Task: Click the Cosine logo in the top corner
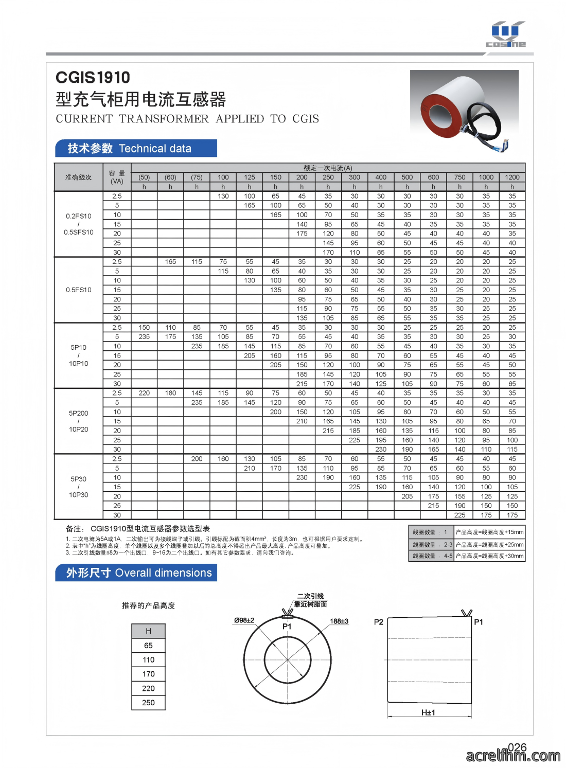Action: tap(506, 34)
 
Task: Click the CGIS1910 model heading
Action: tap(93, 78)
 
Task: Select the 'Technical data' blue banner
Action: tap(136, 148)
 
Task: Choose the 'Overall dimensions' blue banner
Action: tap(136, 573)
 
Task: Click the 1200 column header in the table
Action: tap(512, 177)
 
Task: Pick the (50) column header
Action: tap(144, 177)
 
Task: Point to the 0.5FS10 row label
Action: tap(79, 290)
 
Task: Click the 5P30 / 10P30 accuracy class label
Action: tap(79, 487)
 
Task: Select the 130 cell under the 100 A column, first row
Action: tap(223, 196)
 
